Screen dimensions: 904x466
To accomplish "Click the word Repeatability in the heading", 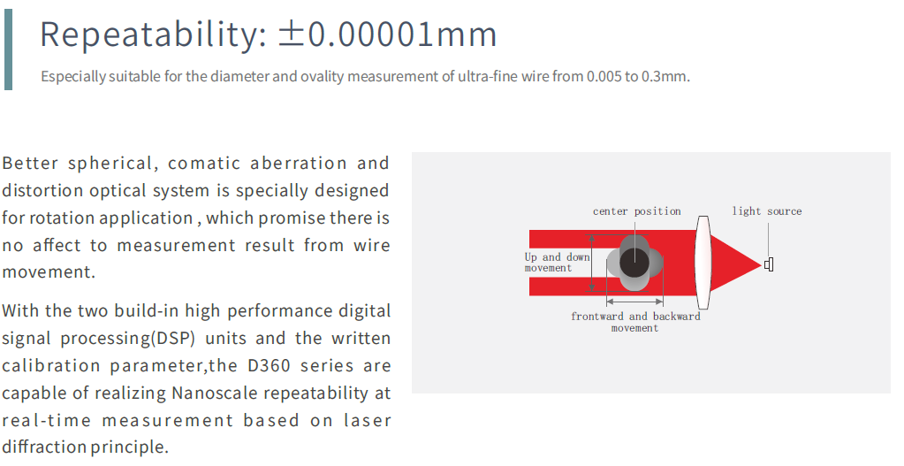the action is coord(148,34).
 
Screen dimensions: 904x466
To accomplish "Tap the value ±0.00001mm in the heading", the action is coord(387,34).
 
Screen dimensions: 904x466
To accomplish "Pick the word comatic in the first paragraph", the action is coord(201,164).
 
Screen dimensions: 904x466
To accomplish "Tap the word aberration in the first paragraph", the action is coord(298,164).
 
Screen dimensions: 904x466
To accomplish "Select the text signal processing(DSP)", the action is coord(98,339).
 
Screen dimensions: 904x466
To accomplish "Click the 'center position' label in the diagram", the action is coord(637,211).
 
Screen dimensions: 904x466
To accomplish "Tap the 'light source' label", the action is coord(767,211).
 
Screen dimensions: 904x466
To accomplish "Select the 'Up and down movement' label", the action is coord(557,263).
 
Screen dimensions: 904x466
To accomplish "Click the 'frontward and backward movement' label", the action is coord(635,322).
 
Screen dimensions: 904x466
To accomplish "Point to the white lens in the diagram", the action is coord(703,263).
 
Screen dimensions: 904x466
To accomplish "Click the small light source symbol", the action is coord(769,264).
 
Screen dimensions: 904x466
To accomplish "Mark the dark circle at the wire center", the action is coord(634,263).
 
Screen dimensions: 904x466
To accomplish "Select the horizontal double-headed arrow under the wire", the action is coord(634,301).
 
